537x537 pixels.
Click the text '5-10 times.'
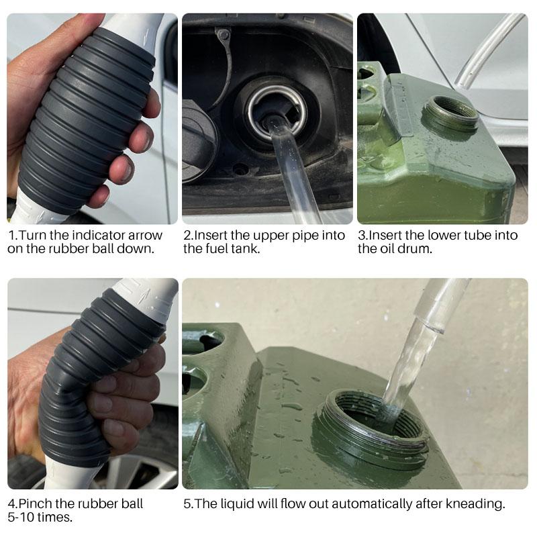click(x=40, y=518)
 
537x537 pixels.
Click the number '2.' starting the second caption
click(x=189, y=235)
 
